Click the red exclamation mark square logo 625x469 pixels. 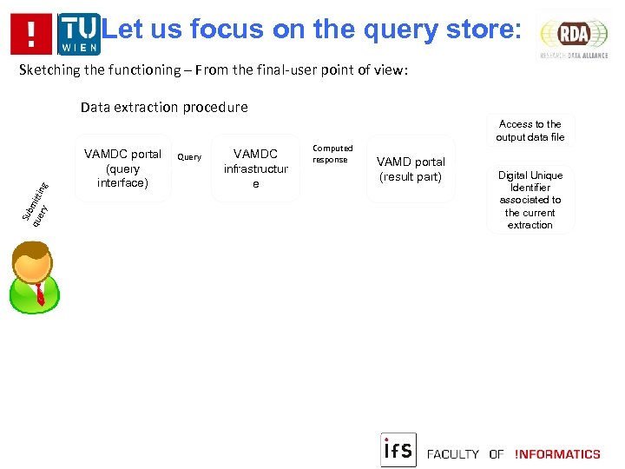[x=32, y=34]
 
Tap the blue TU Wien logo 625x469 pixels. [x=78, y=34]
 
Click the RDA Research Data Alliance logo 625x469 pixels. [x=574, y=35]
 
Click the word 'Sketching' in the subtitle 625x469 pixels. [x=52, y=70]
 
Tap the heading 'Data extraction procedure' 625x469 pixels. [x=164, y=108]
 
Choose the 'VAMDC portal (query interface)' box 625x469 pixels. [x=122, y=168]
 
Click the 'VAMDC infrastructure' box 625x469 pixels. [x=256, y=168]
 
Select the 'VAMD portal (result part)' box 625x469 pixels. [x=411, y=169]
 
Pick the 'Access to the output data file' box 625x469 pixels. [x=530, y=131]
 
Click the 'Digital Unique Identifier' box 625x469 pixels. [x=530, y=200]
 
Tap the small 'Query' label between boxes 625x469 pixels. [x=189, y=157]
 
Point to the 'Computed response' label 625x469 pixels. [x=332, y=154]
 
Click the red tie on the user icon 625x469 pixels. [x=38, y=294]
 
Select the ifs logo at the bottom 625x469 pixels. [x=398, y=450]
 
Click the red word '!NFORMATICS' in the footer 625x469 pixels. [x=557, y=454]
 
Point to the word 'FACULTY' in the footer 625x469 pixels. [x=454, y=454]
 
